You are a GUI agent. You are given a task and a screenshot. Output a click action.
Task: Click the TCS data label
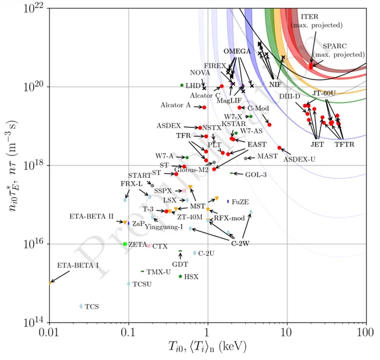click(x=92, y=307)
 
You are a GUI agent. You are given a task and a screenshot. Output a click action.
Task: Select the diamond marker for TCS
click(x=81, y=307)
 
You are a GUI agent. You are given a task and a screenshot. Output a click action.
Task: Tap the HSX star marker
click(x=180, y=276)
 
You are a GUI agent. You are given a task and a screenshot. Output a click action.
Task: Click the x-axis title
click(x=207, y=346)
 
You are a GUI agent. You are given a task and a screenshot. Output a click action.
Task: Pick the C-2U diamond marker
click(x=194, y=253)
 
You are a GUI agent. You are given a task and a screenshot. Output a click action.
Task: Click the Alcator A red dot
click(x=204, y=107)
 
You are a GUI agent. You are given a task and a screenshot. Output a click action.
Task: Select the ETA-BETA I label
click(x=78, y=265)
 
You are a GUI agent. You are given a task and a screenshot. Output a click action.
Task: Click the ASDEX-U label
click(x=299, y=159)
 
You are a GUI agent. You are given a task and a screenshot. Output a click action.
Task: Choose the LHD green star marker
click(x=182, y=85)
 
